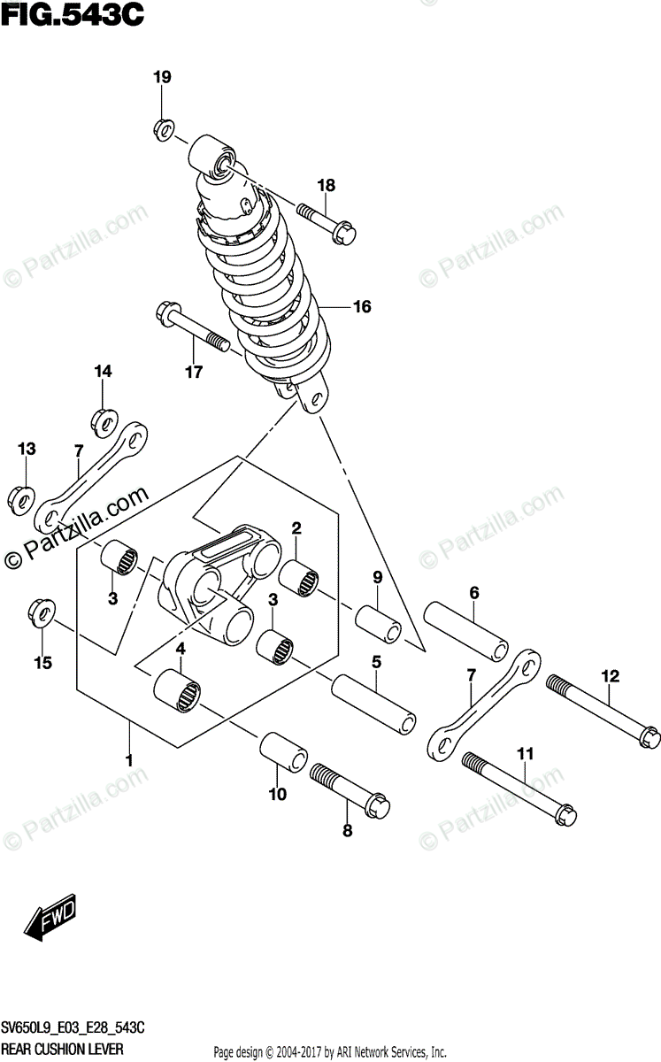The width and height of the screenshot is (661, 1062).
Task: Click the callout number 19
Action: coord(160,78)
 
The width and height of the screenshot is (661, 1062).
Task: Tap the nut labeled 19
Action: coord(164,128)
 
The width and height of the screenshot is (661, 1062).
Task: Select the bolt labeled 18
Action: coord(327,223)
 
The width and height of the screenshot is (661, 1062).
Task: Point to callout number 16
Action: coord(361,307)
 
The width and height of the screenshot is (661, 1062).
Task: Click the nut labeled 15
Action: coord(39,612)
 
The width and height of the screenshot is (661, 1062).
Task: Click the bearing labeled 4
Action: coord(177,690)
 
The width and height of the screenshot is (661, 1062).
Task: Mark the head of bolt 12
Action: coord(649,736)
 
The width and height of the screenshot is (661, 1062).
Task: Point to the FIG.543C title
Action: coord(73,15)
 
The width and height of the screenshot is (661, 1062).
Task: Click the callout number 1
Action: coord(129,759)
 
